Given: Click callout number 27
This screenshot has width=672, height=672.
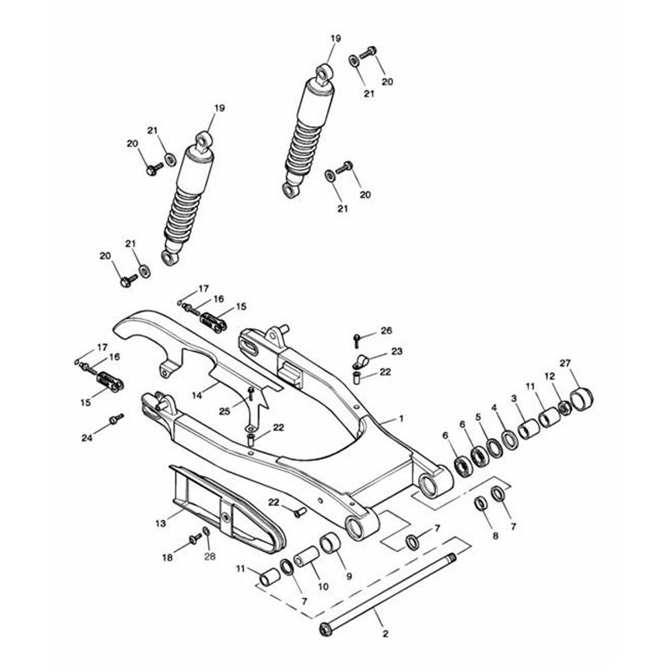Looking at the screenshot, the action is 564,363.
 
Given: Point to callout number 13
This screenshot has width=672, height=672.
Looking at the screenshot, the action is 161,524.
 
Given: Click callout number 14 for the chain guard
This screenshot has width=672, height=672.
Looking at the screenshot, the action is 197,395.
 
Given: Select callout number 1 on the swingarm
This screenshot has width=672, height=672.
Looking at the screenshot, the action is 401,418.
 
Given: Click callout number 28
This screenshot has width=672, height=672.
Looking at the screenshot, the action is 210,557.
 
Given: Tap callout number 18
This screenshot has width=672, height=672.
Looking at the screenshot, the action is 168,558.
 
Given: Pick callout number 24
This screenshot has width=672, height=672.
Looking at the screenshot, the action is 87,437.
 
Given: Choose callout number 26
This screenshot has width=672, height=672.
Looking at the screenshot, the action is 386,330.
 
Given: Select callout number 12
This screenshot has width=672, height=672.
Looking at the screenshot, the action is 549,377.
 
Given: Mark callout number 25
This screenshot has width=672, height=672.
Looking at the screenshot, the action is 225,412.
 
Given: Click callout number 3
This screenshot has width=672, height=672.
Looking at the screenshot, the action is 514,398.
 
